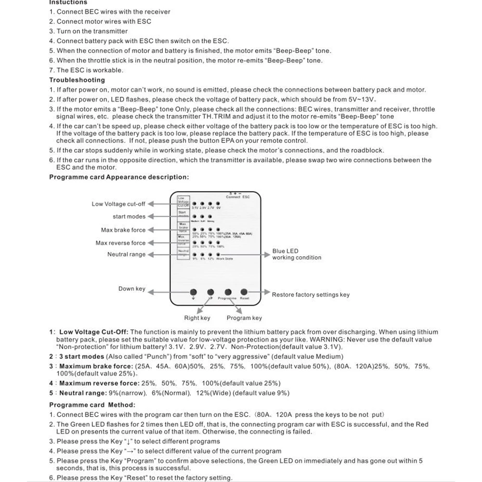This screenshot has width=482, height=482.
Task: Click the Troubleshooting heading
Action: pyautogui.click(x=77, y=80)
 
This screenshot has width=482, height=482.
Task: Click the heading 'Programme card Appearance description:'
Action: pyautogui.click(x=119, y=177)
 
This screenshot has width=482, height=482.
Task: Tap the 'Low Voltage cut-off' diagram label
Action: pyautogui.click(x=118, y=204)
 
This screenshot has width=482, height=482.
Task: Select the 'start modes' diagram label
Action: pyautogui.click(x=129, y=217)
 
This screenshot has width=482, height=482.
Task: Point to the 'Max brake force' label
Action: pyautogui.click(x=123, y=230)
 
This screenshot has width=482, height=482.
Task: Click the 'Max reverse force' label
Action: pyautogui.click(x=120, y=243)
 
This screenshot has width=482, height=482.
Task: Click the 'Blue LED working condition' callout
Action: pyautogui.click(x=296, y=254)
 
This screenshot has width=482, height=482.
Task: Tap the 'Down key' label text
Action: pyautogui.click(x=131, y=289)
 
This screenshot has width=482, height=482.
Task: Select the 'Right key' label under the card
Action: pyautogui.click(x=197, y=318)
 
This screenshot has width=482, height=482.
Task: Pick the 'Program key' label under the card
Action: pyautogui.click(x=244, y=318)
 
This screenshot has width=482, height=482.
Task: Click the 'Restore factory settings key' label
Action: pyautogui.click(x=311, y=295)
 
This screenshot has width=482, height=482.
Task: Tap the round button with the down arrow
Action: pyautogui.click(x=194, y=292)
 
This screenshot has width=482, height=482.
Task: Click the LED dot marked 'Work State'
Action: pyautogui.click(x=219, y=254)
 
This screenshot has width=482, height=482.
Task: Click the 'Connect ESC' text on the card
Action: pyautogui.click(x=238, y=197)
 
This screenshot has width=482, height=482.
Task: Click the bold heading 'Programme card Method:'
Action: pyautogui.click(x=92, y=405)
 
